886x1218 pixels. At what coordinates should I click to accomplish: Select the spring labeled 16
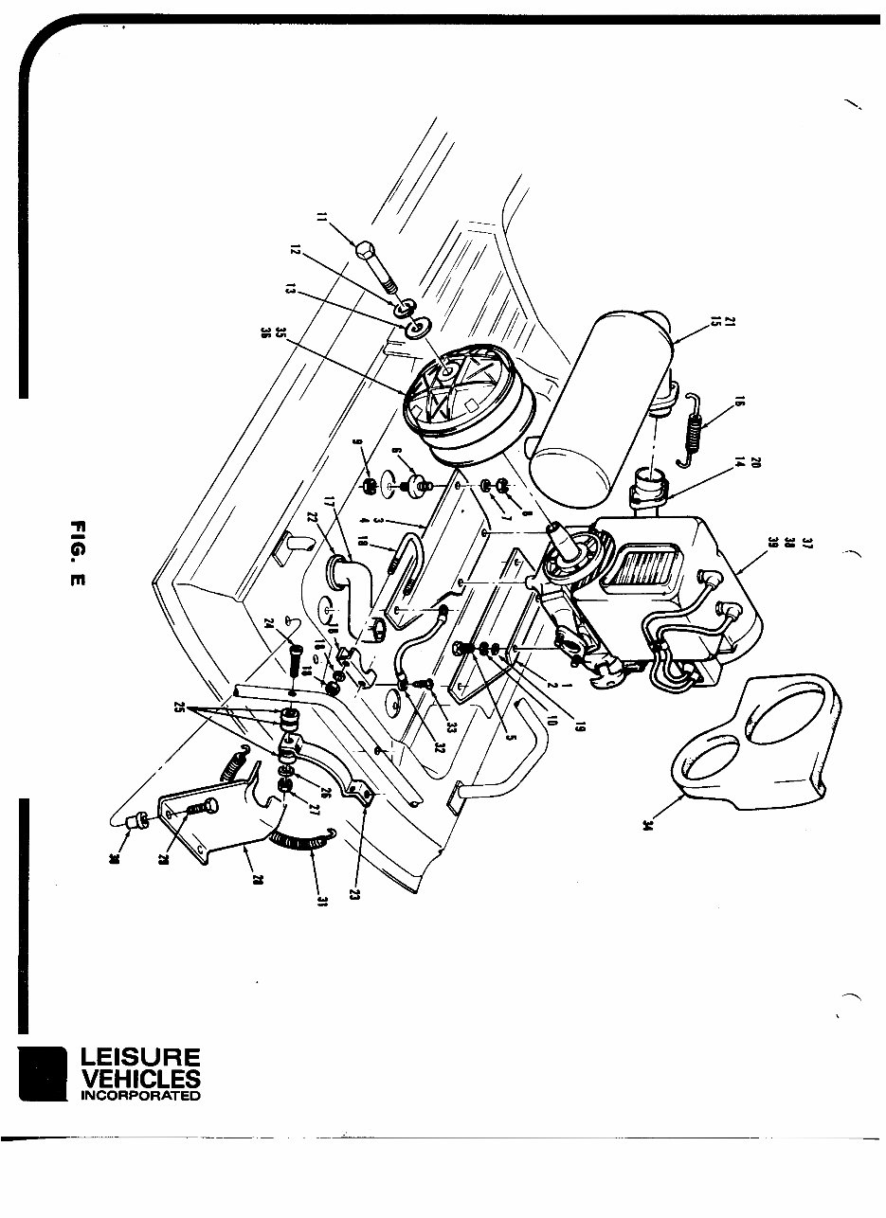[697, 429]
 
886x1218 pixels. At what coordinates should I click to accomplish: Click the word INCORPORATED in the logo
[140, 1096]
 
